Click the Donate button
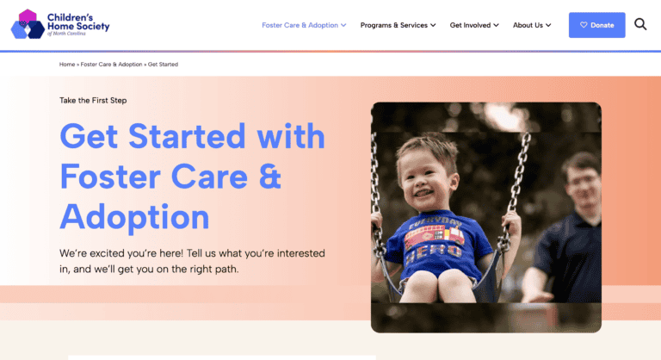(x=597, y=25)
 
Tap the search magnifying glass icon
(x=640, y=24)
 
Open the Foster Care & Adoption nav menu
(x=304, y=25)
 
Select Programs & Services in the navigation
(x=398, y=25)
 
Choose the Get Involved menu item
(x=474, y=25)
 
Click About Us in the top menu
(x=532, y=25)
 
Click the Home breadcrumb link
(x=67, y=65)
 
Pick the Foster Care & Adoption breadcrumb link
(x=111, y=65)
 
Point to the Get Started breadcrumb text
(x=163, y=65)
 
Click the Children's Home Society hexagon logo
(x=28, y=24)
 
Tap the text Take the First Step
(x=93, y=101)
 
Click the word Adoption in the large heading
(x=134, y=217)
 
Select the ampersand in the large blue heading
(x=269, y=177)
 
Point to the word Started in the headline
(x=187, y=136)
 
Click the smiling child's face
(x=426, y=177)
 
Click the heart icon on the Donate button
(x=584, y=25)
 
